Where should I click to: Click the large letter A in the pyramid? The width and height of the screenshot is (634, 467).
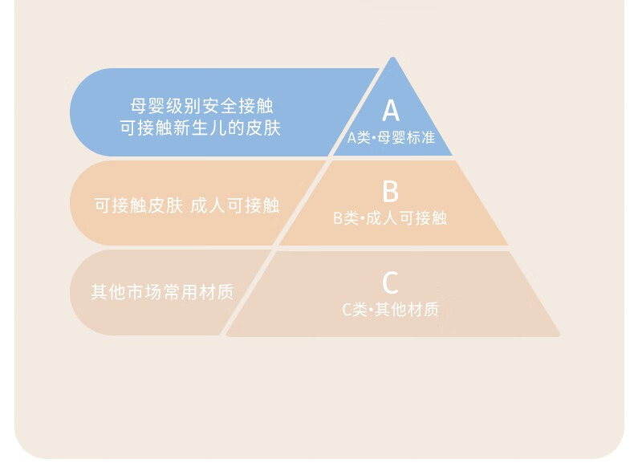coord(390,111)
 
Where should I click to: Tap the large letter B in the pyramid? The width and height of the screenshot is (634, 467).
coord(390,192)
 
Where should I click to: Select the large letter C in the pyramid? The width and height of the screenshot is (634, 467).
coord(390,283)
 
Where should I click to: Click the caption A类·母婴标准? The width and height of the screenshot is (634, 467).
coord(391,137)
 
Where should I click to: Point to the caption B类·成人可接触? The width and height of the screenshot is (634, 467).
coord(390,217)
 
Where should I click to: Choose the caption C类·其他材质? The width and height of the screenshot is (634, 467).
coord(391,309)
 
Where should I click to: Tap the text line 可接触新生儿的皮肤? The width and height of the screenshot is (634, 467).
coord(200,128)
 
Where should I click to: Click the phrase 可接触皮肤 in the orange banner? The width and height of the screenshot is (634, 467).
coord(138,205)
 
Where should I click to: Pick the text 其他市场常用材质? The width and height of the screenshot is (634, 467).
coord(162,292)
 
